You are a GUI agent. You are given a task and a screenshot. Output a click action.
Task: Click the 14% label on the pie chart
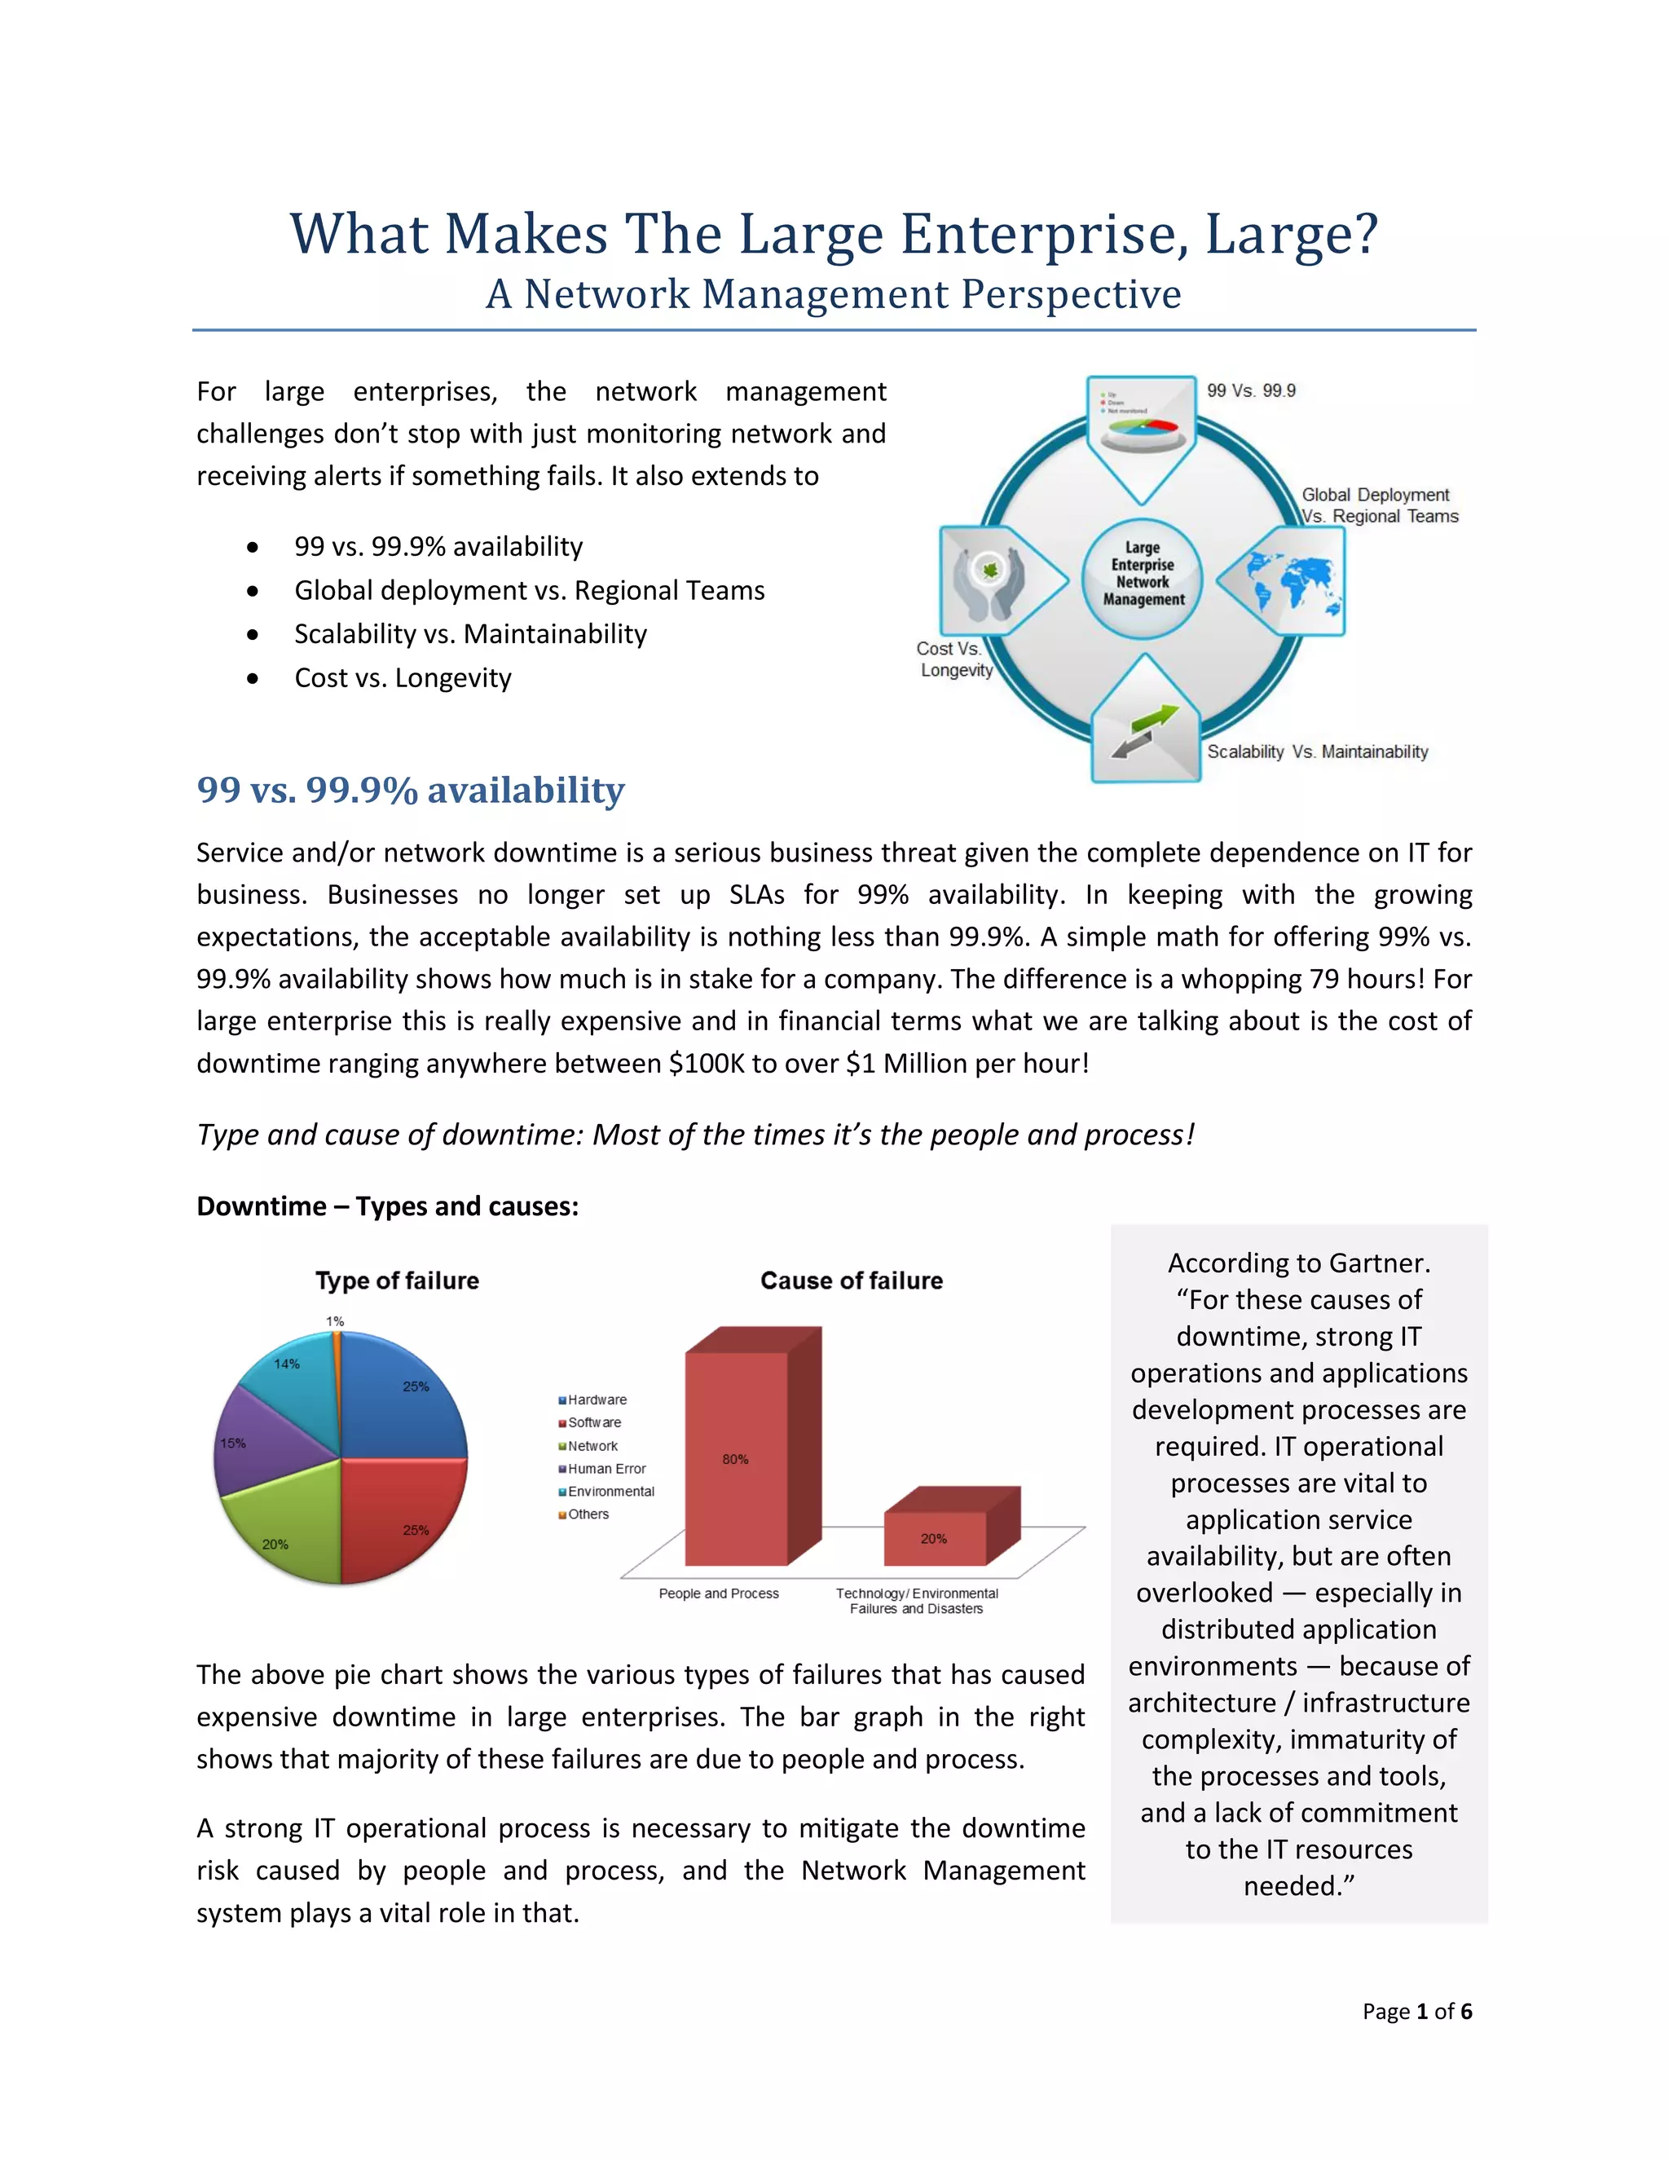287,1364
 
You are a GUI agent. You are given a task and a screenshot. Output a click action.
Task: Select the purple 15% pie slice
262,1444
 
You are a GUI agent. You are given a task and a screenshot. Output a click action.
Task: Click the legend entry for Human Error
606,1469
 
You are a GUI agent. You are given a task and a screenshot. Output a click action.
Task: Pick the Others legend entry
588,1514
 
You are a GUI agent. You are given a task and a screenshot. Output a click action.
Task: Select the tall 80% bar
737,1459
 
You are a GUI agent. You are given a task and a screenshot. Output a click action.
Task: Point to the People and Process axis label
719,1594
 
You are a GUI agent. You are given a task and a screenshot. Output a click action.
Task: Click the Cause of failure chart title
852,1281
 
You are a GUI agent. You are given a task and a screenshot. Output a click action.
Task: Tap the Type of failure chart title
398,1281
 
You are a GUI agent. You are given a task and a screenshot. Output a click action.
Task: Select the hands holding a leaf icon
989,580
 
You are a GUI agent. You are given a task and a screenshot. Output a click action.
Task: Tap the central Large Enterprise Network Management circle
1143,574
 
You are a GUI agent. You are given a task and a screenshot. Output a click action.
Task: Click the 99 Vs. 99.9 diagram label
1251,390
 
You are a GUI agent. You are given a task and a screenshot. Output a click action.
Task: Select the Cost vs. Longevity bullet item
403,678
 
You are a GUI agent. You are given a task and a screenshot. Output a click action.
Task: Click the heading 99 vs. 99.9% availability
411,790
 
